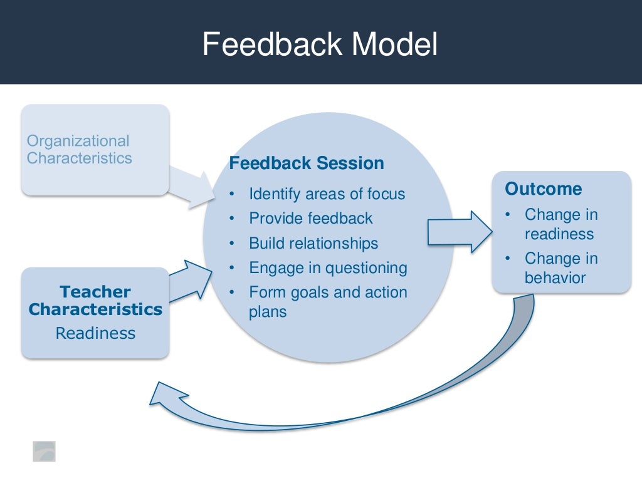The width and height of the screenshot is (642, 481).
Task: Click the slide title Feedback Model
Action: tap(320, 45)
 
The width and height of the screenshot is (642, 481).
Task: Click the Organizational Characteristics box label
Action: tap(79, 150)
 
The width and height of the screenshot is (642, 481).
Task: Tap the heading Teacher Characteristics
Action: tap(95, 301)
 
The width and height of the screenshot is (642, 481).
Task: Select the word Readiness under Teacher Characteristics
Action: tap(95, 333)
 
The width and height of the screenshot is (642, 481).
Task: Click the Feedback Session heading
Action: tap(307, 163)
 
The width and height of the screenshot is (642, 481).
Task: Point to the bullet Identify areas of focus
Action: tap(327, 194)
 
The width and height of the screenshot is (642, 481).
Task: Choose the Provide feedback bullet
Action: tap(310, 219)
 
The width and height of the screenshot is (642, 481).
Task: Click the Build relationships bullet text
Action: tap(313, 243)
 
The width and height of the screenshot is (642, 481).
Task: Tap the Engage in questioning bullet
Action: tap(328, 268)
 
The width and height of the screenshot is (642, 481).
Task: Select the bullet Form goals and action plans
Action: tap(327, 301)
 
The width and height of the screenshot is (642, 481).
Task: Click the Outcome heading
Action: tap(544, 189)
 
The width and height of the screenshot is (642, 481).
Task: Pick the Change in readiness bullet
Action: tap(561, 224)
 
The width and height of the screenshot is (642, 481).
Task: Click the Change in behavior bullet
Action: tap(561, 268)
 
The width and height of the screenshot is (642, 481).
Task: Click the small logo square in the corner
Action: tap(44, 451)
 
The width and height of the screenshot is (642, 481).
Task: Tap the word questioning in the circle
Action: tap(369, 268)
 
